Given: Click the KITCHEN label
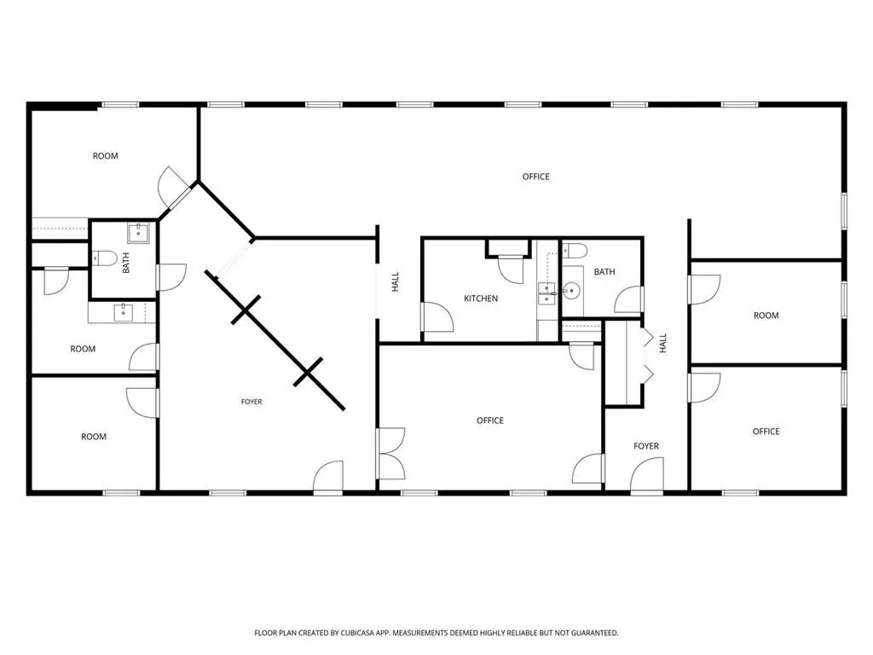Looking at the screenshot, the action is click(481, 299).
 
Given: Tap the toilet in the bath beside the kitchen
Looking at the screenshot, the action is click(574, 252).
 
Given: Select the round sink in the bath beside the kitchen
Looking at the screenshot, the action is click(571, 290).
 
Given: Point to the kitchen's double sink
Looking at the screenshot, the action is click(546, 293).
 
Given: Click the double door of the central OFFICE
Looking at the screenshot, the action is click(390, 454).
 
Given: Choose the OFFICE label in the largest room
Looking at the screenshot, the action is click(535, 177).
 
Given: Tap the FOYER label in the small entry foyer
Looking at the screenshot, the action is click(646, 446).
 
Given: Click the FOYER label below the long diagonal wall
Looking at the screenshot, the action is click(251, 402).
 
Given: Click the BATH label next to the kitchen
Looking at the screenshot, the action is click(604, 272).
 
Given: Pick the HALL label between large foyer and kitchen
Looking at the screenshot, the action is click(396, 281).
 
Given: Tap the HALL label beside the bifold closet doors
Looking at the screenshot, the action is click(663, 343).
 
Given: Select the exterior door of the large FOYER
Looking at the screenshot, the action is click(328, 478).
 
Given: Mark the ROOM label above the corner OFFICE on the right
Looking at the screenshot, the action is click(766, 316).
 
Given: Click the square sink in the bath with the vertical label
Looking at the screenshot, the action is click(137, 234).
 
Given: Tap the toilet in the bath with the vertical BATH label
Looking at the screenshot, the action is click(104, 258).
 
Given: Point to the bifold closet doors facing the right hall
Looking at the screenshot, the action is click(648, 356).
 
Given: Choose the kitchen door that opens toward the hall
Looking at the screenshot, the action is click(437, 317).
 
